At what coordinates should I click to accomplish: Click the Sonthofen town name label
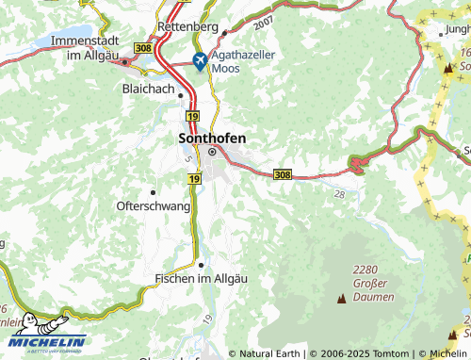coord(212,138)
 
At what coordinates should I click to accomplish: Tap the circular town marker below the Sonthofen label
coord(212,152)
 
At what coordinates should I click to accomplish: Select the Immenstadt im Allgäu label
coord(71,49)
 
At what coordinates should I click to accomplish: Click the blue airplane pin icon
coord(199,61)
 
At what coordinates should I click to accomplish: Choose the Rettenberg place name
coord(189,25)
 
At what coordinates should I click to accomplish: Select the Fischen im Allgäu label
coord(199,279)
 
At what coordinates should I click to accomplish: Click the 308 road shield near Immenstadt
coord(143,46)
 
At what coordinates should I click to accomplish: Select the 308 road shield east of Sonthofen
coord(283,174)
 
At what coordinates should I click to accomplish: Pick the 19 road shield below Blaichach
coord(192,115)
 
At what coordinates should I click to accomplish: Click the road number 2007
coord(263,20)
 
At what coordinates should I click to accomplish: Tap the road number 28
coord(339,193)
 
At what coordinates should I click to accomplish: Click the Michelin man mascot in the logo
coord(43,322)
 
